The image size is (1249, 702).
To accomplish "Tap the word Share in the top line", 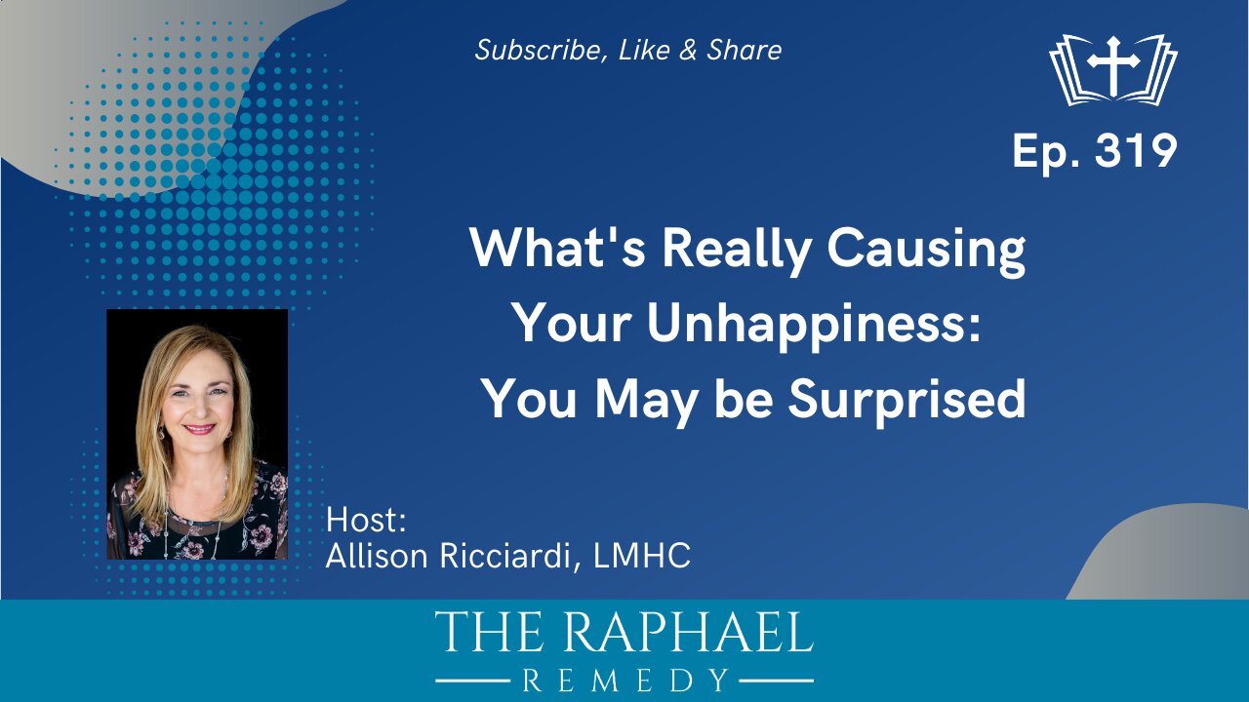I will [744, 51].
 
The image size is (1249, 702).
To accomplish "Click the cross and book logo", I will [1113, 69].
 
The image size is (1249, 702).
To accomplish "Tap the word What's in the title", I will [557, 250].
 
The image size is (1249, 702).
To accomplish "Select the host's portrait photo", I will [197, 434].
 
